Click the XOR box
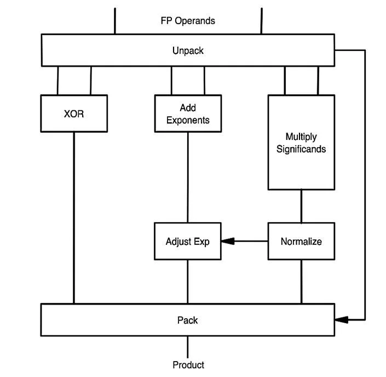point(74,114)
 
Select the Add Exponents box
point(188,114)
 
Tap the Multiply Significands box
point(301,143)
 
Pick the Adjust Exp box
point(188,241)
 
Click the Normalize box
point(301,241)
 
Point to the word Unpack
point(188,50)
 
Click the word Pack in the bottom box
point(188,320)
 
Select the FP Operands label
point(188,21)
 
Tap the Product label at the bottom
point(188,365)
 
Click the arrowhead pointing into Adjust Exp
point(228,241)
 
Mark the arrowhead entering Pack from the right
point(341,319)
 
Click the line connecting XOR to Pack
point(74,220)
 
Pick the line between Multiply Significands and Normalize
point(301,206)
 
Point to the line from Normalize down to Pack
point(301,282)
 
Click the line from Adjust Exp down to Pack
point(188,282)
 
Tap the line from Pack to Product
point(188,347)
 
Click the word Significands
point(301,149)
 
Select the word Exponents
point(188,120)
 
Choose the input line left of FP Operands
point(115,21)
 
